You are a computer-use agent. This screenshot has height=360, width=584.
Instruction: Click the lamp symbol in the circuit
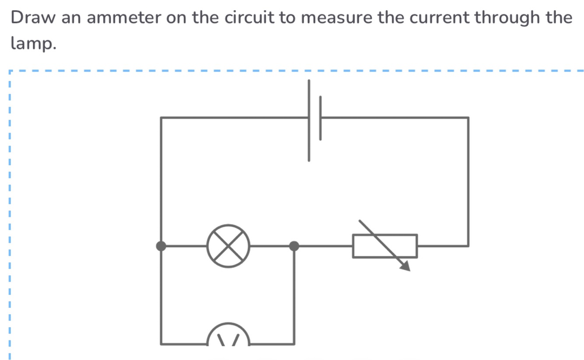(x=228, y=246)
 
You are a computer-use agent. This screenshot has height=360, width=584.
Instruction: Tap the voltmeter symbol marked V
(x=229, y=339)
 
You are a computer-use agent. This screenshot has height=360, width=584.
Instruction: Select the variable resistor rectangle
(x=385, y=246)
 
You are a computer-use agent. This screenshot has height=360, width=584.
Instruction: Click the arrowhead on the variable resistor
(x=405, y=266)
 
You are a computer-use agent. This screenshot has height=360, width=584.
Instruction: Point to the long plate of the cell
(x=309, y=120)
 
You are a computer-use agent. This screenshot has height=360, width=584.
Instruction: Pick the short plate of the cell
(x=320, y=118)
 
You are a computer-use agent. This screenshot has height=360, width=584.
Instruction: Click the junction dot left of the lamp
(x=161, y=246)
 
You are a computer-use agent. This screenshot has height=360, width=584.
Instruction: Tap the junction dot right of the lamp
(x=294, y=246)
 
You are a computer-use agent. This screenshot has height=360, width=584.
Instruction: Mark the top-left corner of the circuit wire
(x=161, y=117)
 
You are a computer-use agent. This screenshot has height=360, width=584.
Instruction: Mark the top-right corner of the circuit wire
(x=468, y=117)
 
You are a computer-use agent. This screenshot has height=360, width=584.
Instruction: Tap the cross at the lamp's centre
(x=228, y=246)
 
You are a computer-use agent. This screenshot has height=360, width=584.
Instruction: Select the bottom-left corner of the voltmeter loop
(x=161, y=344)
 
